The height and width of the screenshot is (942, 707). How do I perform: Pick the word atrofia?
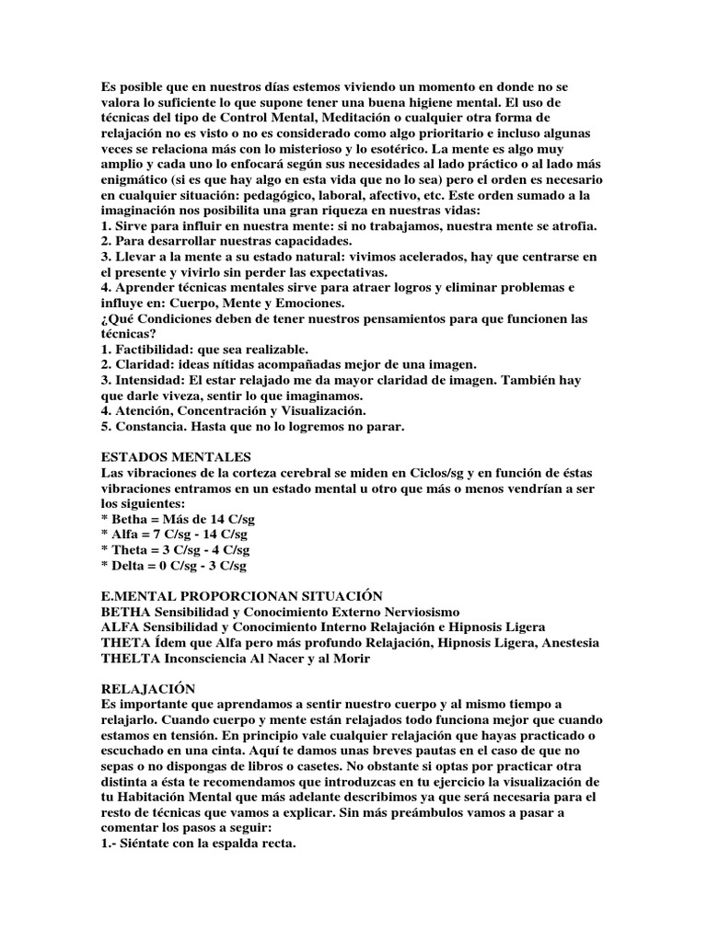tap(569, 225)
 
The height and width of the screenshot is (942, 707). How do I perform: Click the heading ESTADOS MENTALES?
tap(176, 457)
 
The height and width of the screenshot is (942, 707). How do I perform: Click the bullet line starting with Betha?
tap(178, 520)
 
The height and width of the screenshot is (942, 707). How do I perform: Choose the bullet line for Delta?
tap(173, 566)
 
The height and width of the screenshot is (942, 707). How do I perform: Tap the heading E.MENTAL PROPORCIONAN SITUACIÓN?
tap(242, 597)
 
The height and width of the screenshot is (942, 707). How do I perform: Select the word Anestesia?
tap(567, 643)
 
